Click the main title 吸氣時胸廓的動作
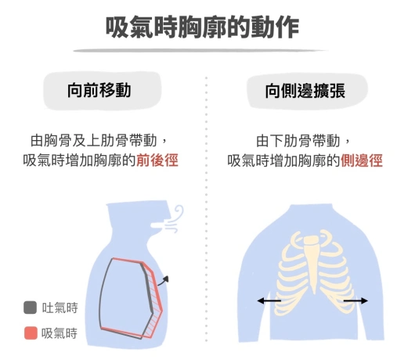click(x=203, y=27)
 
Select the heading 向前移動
click(x=99, y=91)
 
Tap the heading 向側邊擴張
click(x=305, y=92)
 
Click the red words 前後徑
click(x=157, y=160)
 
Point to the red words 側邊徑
click(x=362, y=160)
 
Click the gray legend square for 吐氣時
click(x=31, y=308)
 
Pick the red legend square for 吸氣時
click(x=31, y=333)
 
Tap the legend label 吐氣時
click(x=60, y=308)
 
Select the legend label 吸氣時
click(x=60, y=333)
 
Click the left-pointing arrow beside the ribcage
click(x=269, y=301)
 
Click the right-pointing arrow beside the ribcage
click(x=355, y=301)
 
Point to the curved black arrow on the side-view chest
click(x=162, y=282)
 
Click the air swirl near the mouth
click(x=174, y=219)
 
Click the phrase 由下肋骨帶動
click(x=298, y=141)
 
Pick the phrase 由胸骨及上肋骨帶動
click(x=94, y=140)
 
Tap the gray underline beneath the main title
click(x=200, y=50)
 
